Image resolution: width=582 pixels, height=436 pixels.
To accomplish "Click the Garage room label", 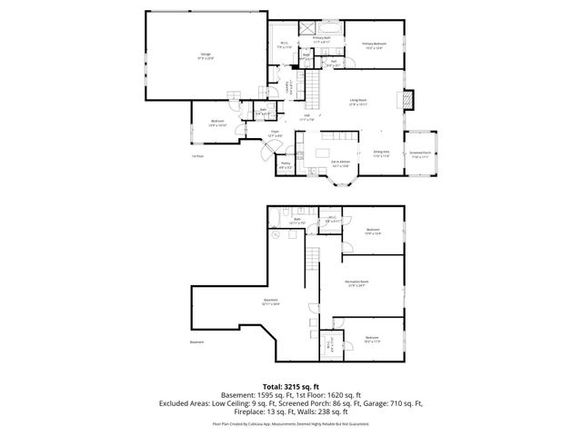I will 206,55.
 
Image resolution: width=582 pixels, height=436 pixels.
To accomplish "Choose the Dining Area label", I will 381,154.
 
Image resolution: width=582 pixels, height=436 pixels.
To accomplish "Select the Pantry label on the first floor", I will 285,166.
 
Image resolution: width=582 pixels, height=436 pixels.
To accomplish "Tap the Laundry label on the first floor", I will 288,88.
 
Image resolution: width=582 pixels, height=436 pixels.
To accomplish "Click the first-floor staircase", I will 314,91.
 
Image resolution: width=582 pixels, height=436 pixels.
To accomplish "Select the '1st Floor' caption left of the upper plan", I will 197,158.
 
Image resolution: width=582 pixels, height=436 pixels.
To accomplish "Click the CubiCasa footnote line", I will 291,423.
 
